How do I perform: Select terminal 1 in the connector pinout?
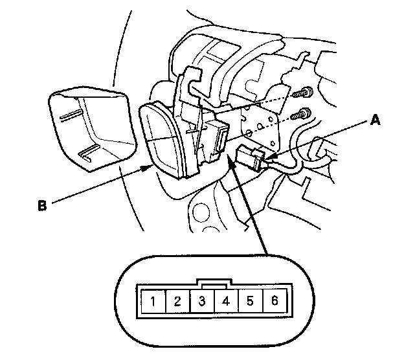point(152,300)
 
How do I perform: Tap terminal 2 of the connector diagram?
point(177,300)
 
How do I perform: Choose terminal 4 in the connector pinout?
point(226,300)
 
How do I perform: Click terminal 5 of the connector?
point(251,300)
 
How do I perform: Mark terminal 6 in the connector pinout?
point(275,300)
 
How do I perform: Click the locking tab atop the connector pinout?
point(214,283)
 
